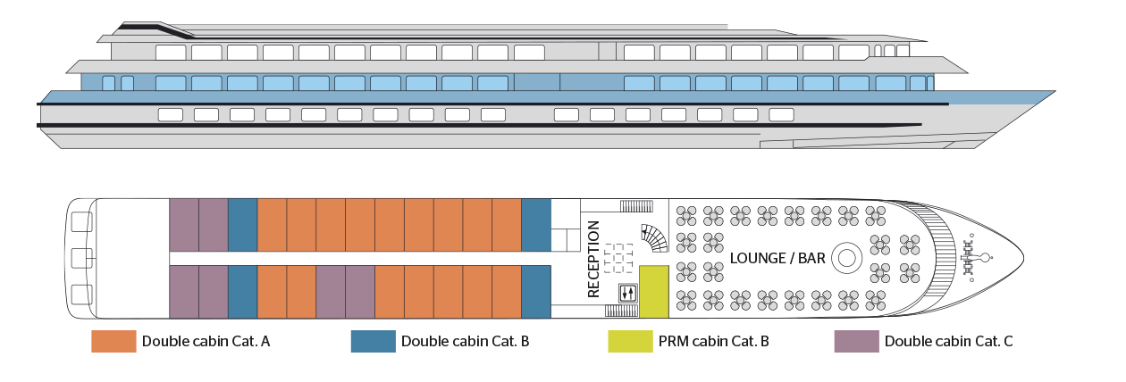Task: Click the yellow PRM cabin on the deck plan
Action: point(653,292)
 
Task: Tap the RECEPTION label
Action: point(593,259)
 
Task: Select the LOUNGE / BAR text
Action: point(777,259)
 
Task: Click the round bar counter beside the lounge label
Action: point(844,259)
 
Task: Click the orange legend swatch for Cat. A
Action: point(113,341)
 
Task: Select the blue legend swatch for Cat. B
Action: point(373,341)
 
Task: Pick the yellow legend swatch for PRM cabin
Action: point(629,341)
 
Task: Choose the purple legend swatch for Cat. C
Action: point(856,341)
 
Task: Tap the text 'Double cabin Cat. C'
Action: point(948,341)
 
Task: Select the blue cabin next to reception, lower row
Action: point(535,292)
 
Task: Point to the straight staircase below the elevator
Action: point(620,311)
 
